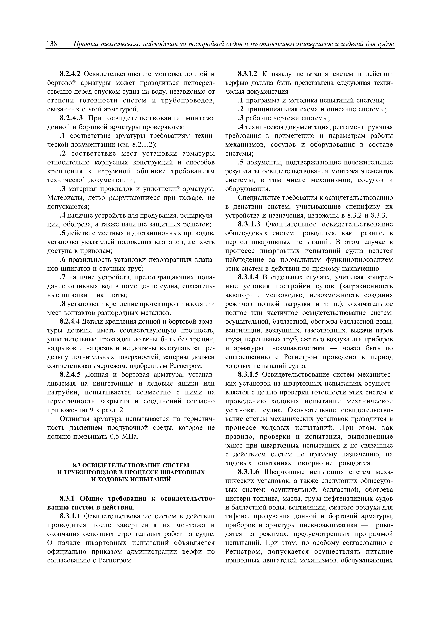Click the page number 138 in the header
pos(51,43)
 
